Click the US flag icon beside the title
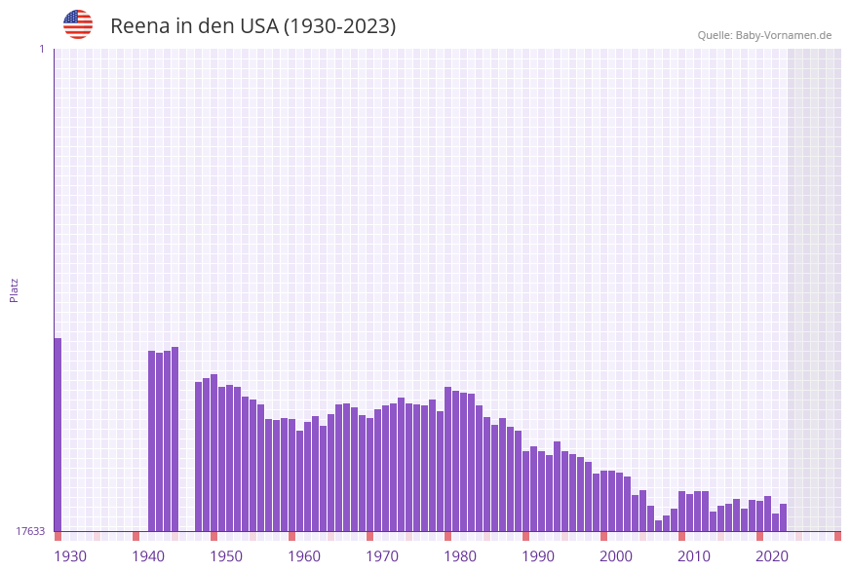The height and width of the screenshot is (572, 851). pos(78,24)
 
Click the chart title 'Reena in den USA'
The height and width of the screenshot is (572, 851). pos(252,26)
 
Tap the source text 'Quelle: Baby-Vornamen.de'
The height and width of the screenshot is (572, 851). pos(764,35)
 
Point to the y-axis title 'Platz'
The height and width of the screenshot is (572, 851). pos(15,289)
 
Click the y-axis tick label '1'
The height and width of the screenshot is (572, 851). pos(42,49)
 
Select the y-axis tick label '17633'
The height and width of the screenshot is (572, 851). pos(30,531)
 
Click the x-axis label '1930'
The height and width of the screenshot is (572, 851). pos(70,556)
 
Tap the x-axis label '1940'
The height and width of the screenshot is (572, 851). pos(148,556)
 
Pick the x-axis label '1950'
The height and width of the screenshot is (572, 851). pos(226,556)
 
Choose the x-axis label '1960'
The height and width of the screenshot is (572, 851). pos(304,556)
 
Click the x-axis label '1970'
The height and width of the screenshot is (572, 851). pos(382,556)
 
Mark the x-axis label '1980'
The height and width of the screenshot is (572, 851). pos(460,556)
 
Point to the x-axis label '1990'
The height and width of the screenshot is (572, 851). pos(538,556)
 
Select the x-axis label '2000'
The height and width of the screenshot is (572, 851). pos(616,556)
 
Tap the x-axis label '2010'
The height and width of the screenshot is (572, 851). pos(694,556)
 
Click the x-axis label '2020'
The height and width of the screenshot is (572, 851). pos(772,556)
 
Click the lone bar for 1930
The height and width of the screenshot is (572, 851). pos(58,434)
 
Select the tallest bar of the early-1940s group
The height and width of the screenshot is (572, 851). pos(175,439)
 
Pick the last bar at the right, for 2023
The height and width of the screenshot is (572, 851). pos(784,517)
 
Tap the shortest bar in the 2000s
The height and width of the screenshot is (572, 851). pos(659,526)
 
